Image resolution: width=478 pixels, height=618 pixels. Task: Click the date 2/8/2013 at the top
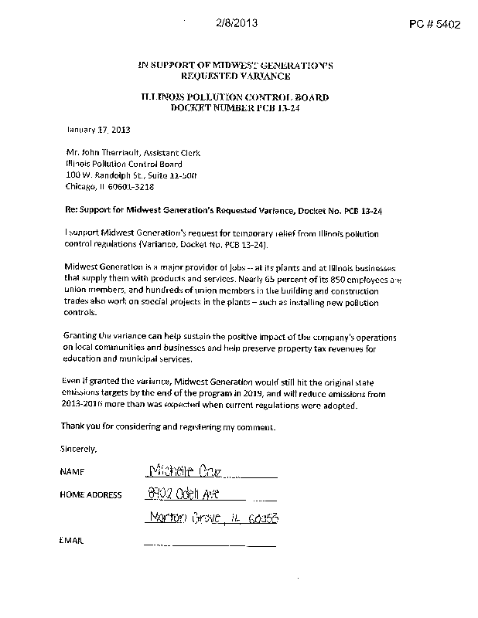tap(237, 23)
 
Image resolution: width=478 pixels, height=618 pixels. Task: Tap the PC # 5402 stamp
tap(435, 24)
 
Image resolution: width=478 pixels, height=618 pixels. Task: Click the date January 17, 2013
tap(86, 130)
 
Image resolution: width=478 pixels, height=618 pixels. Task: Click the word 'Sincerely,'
tap(78, 449)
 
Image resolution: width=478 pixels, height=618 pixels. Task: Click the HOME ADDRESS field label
tap(90, 495)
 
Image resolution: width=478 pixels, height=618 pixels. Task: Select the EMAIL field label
tap(71, 541)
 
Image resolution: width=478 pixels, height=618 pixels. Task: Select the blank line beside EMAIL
tap(209, 545)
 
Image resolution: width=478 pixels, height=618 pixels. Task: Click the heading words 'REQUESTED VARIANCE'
tap(235, 76)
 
